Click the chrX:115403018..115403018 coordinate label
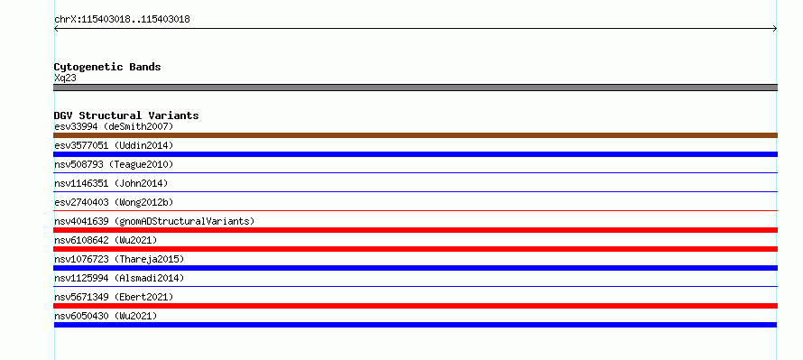point(122,20)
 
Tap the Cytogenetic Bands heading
point(107,67)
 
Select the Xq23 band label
point(65,78)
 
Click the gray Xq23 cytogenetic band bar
point(415,88)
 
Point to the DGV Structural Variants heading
point(126,115)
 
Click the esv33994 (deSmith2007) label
point(114,126)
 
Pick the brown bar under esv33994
point(415,135)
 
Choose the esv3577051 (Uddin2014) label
point(114,145)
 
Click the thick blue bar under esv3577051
point(415,154)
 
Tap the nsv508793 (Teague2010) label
point(114,164)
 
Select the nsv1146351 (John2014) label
point(111,183)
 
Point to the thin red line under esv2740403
point(415,210)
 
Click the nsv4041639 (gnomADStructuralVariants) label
point(154,221)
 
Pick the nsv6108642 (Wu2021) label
point(106,240)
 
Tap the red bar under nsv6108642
point(415,249)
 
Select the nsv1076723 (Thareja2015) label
point(119,259)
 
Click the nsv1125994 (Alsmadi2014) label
point(119,278)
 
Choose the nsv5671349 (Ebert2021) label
point(114,297)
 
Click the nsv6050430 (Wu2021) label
point(106,316)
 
